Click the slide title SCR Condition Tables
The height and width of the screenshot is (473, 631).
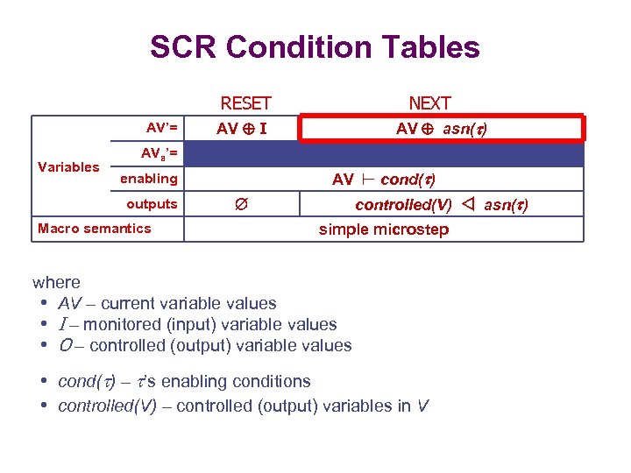click(x=315, y=47)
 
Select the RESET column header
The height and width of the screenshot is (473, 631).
click(x=245, y=103)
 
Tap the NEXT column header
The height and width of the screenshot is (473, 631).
click(x=429, y=103)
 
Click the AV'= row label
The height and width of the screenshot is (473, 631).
click(x=162, y=128)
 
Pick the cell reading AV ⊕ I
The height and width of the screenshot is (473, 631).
click(x=243, y=129)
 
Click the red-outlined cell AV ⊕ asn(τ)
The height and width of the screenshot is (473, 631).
click(x=442, y=129)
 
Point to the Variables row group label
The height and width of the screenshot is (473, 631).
click(x=68, y=166)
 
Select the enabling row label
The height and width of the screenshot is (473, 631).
click(x=148, y=179)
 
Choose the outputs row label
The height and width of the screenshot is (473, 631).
click(x=152, y=204)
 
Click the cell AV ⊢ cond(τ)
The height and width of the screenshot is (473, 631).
click(x=384, y=180)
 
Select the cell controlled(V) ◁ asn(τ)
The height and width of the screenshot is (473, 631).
click(x=441, y=205)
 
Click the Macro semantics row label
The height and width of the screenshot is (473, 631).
click(x=95, y=229)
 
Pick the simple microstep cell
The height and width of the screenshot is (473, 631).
click(x=384, y=229)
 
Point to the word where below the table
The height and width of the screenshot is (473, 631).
click(x=56, y=282)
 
